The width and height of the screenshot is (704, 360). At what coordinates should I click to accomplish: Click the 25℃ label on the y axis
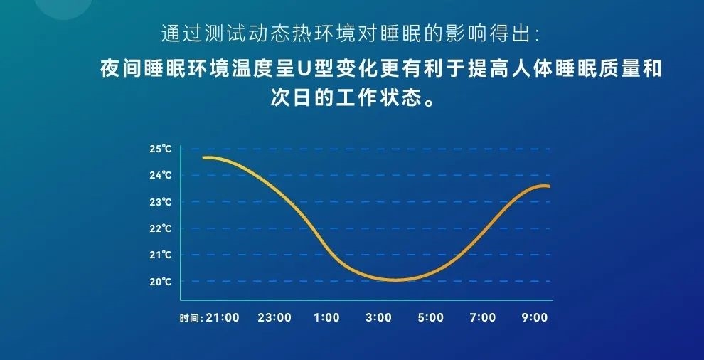coord(161,149)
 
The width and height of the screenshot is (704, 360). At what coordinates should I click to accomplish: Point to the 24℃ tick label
coord(161,175)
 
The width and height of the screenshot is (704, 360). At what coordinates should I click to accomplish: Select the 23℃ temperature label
coord(161,202)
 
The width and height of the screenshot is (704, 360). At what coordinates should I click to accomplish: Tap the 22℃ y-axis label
coord(161,228)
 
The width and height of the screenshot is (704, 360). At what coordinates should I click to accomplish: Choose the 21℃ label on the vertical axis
coord(161,255)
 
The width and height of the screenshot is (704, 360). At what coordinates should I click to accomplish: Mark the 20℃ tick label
coord(161,282)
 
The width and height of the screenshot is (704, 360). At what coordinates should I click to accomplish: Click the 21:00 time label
coord(223,318)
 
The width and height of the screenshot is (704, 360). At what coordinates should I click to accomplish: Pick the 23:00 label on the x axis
coord(274,318)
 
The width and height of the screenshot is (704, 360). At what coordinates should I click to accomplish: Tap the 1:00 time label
coord(326,318)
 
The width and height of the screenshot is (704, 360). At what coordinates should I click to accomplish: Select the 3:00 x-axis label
coord(378,318)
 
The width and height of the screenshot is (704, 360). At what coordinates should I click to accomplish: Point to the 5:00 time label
coord(430,318)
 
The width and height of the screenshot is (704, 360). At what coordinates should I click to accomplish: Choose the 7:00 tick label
coord(483,318)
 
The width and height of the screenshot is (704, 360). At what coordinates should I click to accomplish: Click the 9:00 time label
coord(535,318)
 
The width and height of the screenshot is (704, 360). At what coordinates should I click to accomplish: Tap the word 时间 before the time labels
coord(188,318)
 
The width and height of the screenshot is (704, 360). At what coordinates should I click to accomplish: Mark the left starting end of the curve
coord(204,158)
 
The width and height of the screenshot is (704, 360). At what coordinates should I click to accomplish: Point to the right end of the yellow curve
coord(548,186)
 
